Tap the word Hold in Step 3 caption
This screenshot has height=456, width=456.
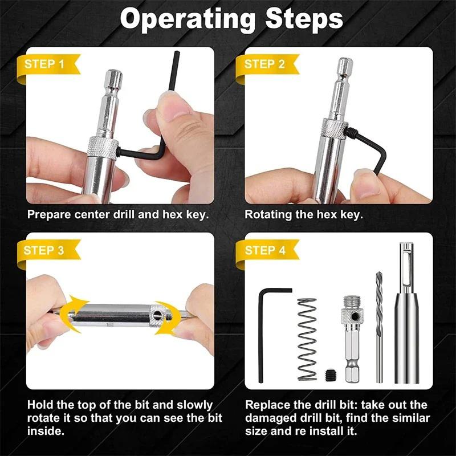(x=40, y=405)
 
